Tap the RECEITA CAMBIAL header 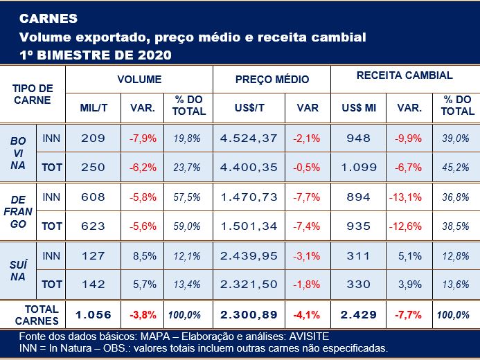pyautogui.click(x=405, y=75)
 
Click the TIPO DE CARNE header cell pyautogui.click(x=33, y=94)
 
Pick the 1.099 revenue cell pyautogui.click(x=359, y=167)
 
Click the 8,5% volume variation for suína pyautogui.click(x=143, y=256)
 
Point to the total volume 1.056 pyautogui.click(x=93, y=314)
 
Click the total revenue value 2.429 pyautogui.click(x=359, y=314)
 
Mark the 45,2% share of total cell pyautogui.click(x=455, y=167)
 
